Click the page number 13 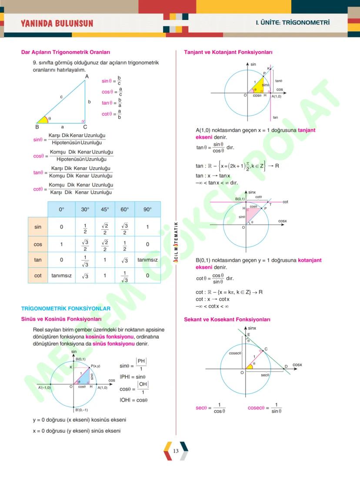click(x=176, y=451)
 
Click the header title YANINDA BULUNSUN click(x=57, y=23)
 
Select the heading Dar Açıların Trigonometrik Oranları click(x=66, y=53)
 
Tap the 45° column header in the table click(x=105, y=209)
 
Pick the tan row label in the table click(x=38, y=260)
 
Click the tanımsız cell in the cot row click(x=61, y=275)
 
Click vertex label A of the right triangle click(x=87, y=76)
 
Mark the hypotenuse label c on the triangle click(x=61, y=96)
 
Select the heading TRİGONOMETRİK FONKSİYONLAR click(x=66, y=308)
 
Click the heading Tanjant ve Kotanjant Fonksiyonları click(x=228, y=52)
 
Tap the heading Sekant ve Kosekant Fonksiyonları click(x=227, y=319)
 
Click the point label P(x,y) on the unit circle click(x=95, y=366)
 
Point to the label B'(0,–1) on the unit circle click(x=81, y=410)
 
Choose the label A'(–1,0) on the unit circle click(x=44, y=388)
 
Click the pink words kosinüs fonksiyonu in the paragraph click(x=110, y=337)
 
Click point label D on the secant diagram click(x=286, y=367)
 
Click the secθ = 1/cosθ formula click(x=210, y=408)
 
